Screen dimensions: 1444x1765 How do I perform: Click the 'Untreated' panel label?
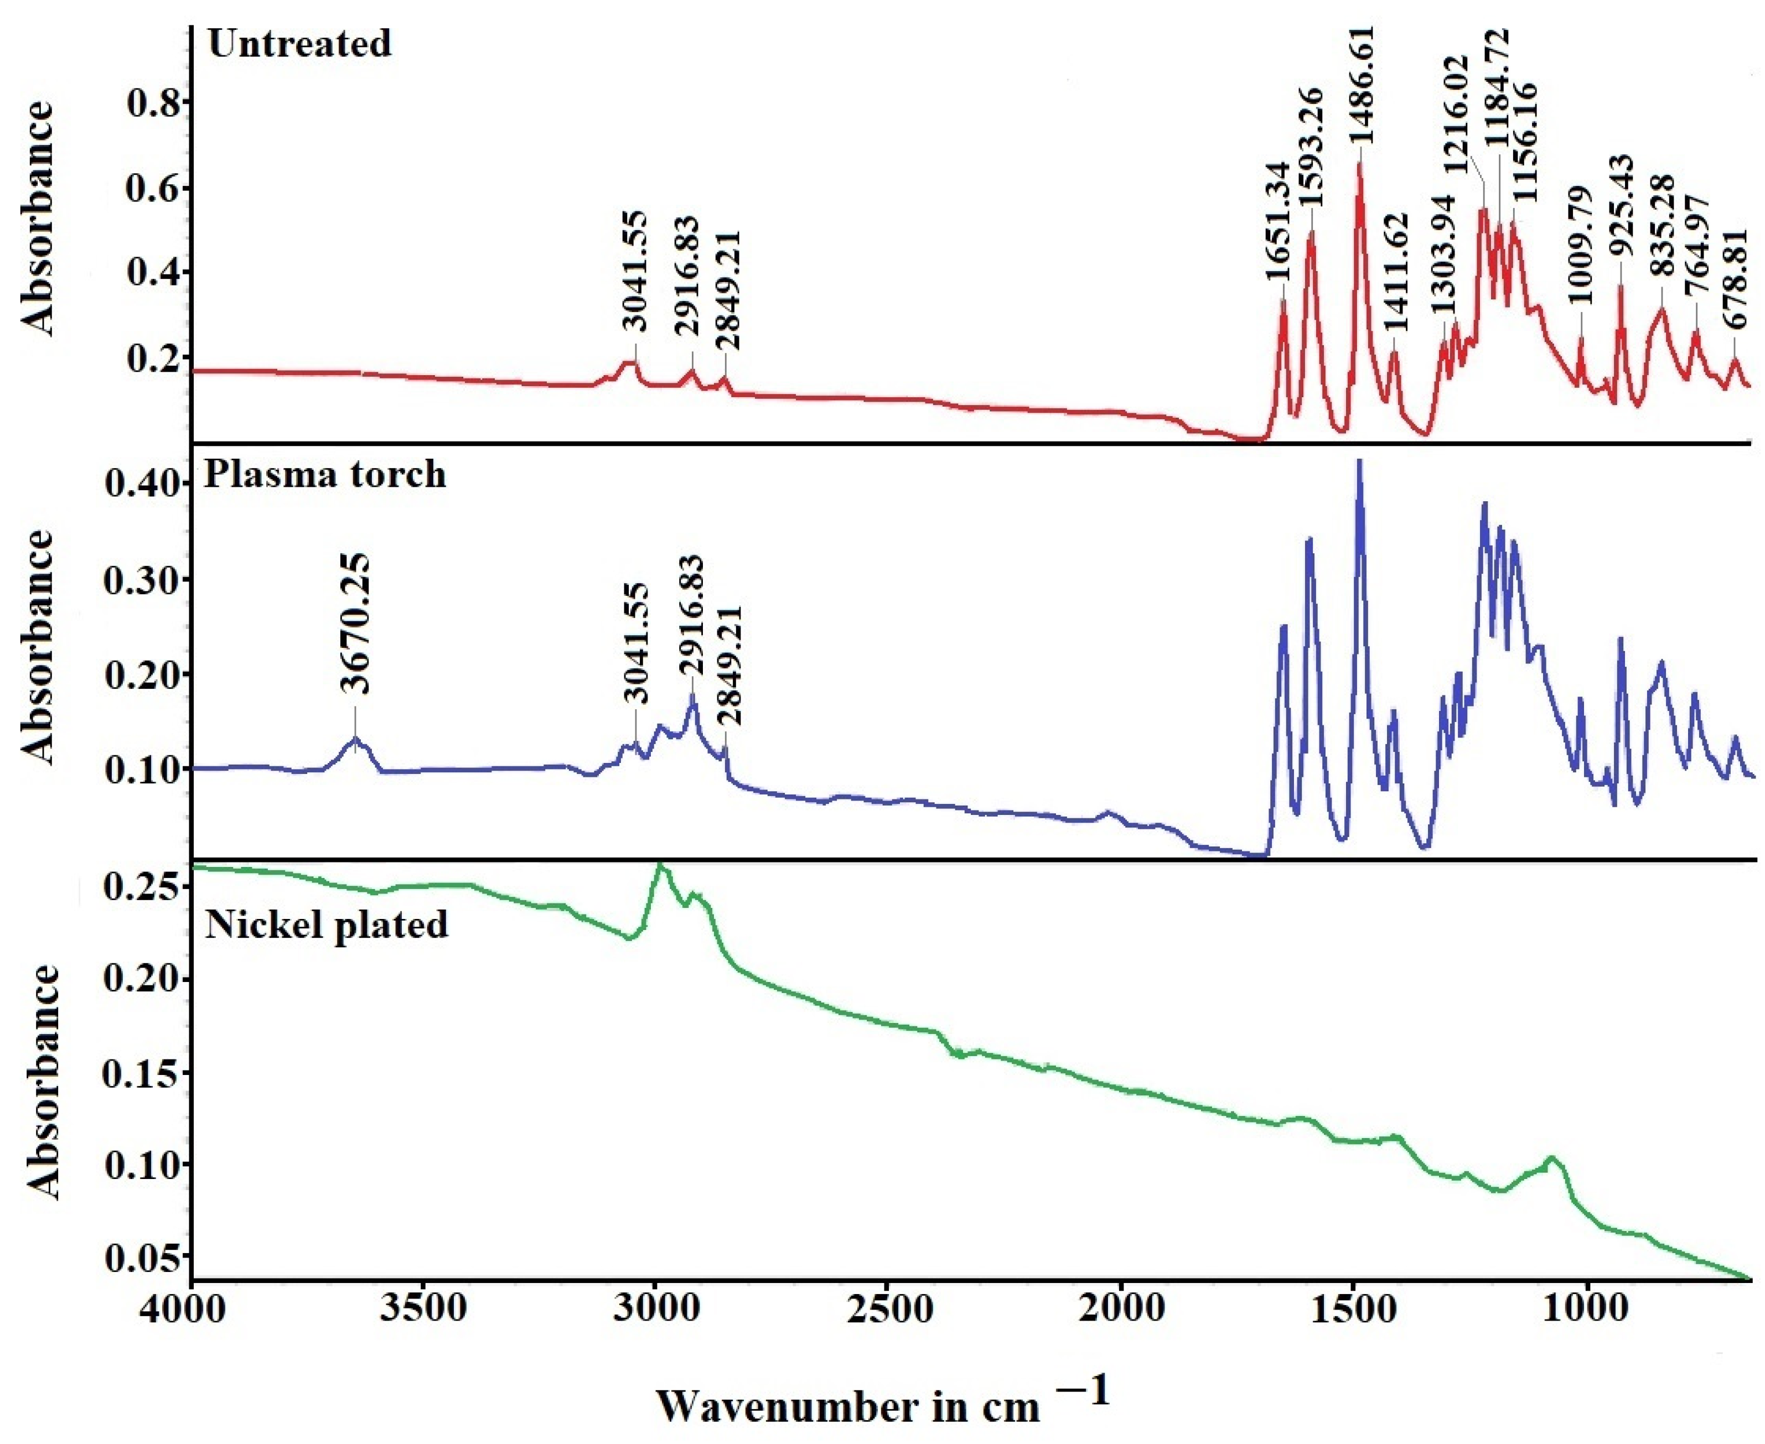pyautogui.click(x=299, y=43)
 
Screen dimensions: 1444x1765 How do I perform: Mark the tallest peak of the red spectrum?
pyautogui.click(x=1360, y=165)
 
